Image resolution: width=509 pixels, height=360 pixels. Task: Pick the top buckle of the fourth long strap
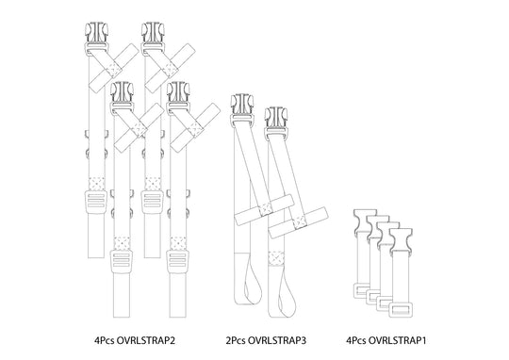click(176, 90)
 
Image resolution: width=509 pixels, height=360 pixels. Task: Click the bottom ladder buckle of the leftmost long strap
click(95, 200)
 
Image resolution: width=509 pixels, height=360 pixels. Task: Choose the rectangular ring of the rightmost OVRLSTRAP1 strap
click(405, 306)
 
